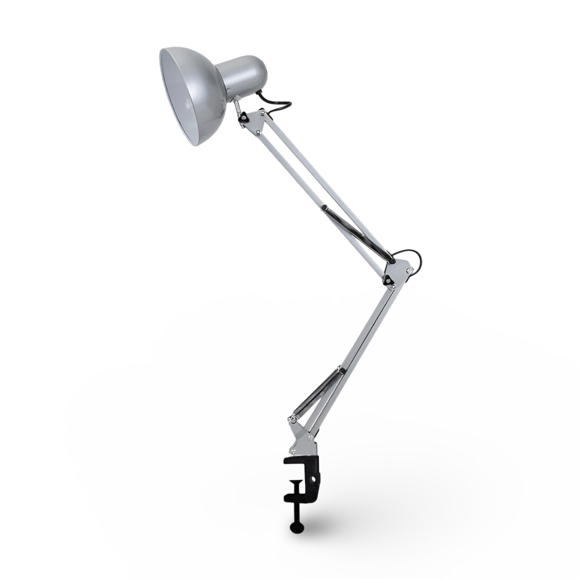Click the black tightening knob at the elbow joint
[392, 261]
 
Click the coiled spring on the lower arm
[316, 391]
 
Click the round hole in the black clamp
[316, 479]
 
